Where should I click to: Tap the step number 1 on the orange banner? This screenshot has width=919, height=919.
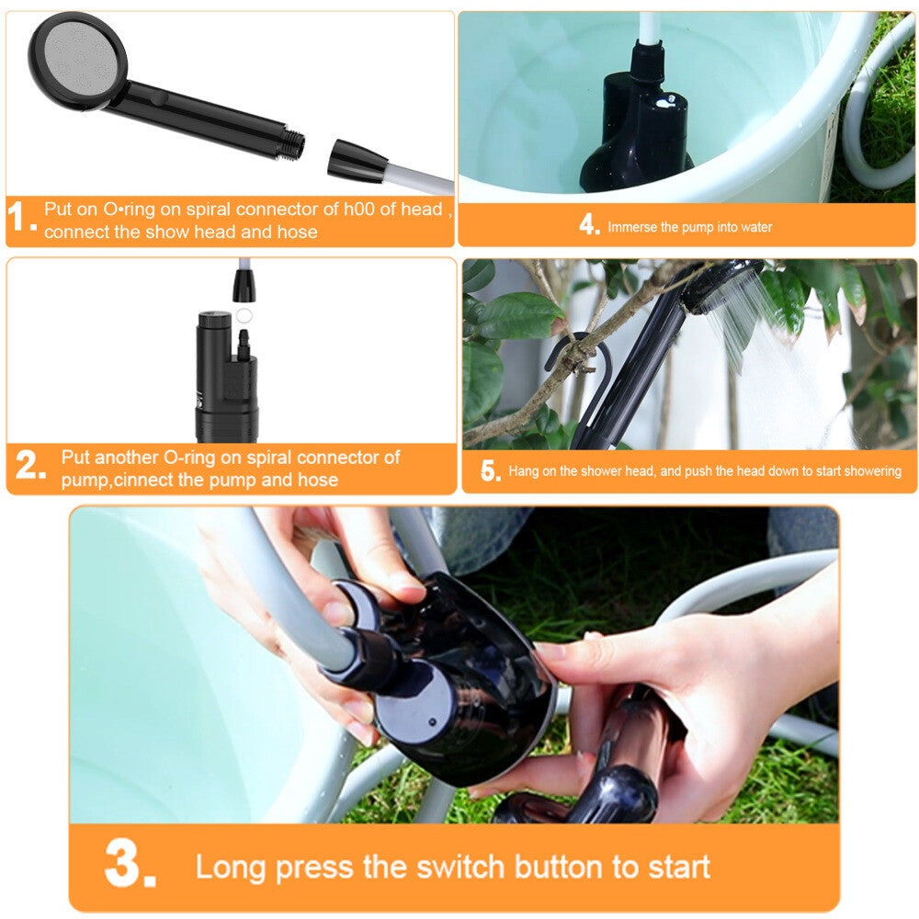click(22, 216)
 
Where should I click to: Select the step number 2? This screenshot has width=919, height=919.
click(30, 465)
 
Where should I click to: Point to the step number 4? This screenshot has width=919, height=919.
click(589, 224)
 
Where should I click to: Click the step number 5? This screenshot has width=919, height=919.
click(491, 471)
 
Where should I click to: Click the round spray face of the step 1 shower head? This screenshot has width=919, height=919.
click(77, 61)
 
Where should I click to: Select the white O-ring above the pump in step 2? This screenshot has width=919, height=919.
click(244, 316)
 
